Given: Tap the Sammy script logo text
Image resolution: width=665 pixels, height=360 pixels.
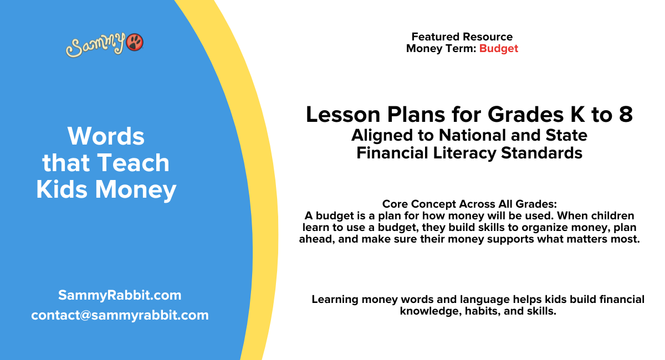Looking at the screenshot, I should click(96, 45).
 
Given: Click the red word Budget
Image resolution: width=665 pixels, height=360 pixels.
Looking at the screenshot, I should click(499, 48).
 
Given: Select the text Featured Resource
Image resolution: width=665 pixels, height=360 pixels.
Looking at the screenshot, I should click(462, 37).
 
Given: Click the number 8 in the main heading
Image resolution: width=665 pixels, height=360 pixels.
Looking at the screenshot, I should click(626, 115).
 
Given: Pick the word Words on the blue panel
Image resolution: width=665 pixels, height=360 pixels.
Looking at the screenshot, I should click(106, 136).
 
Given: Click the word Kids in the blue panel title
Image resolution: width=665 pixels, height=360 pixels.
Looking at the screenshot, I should click(62, 189).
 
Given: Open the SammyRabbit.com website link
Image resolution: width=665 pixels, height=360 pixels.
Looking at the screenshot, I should click(120, 295).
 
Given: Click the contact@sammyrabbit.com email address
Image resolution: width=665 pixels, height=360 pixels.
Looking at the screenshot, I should click(120, 315).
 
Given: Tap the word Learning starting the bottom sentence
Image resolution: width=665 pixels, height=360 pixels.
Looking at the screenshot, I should click(335, 300).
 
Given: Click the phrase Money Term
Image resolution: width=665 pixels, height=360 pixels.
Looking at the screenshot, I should click(441, 48).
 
